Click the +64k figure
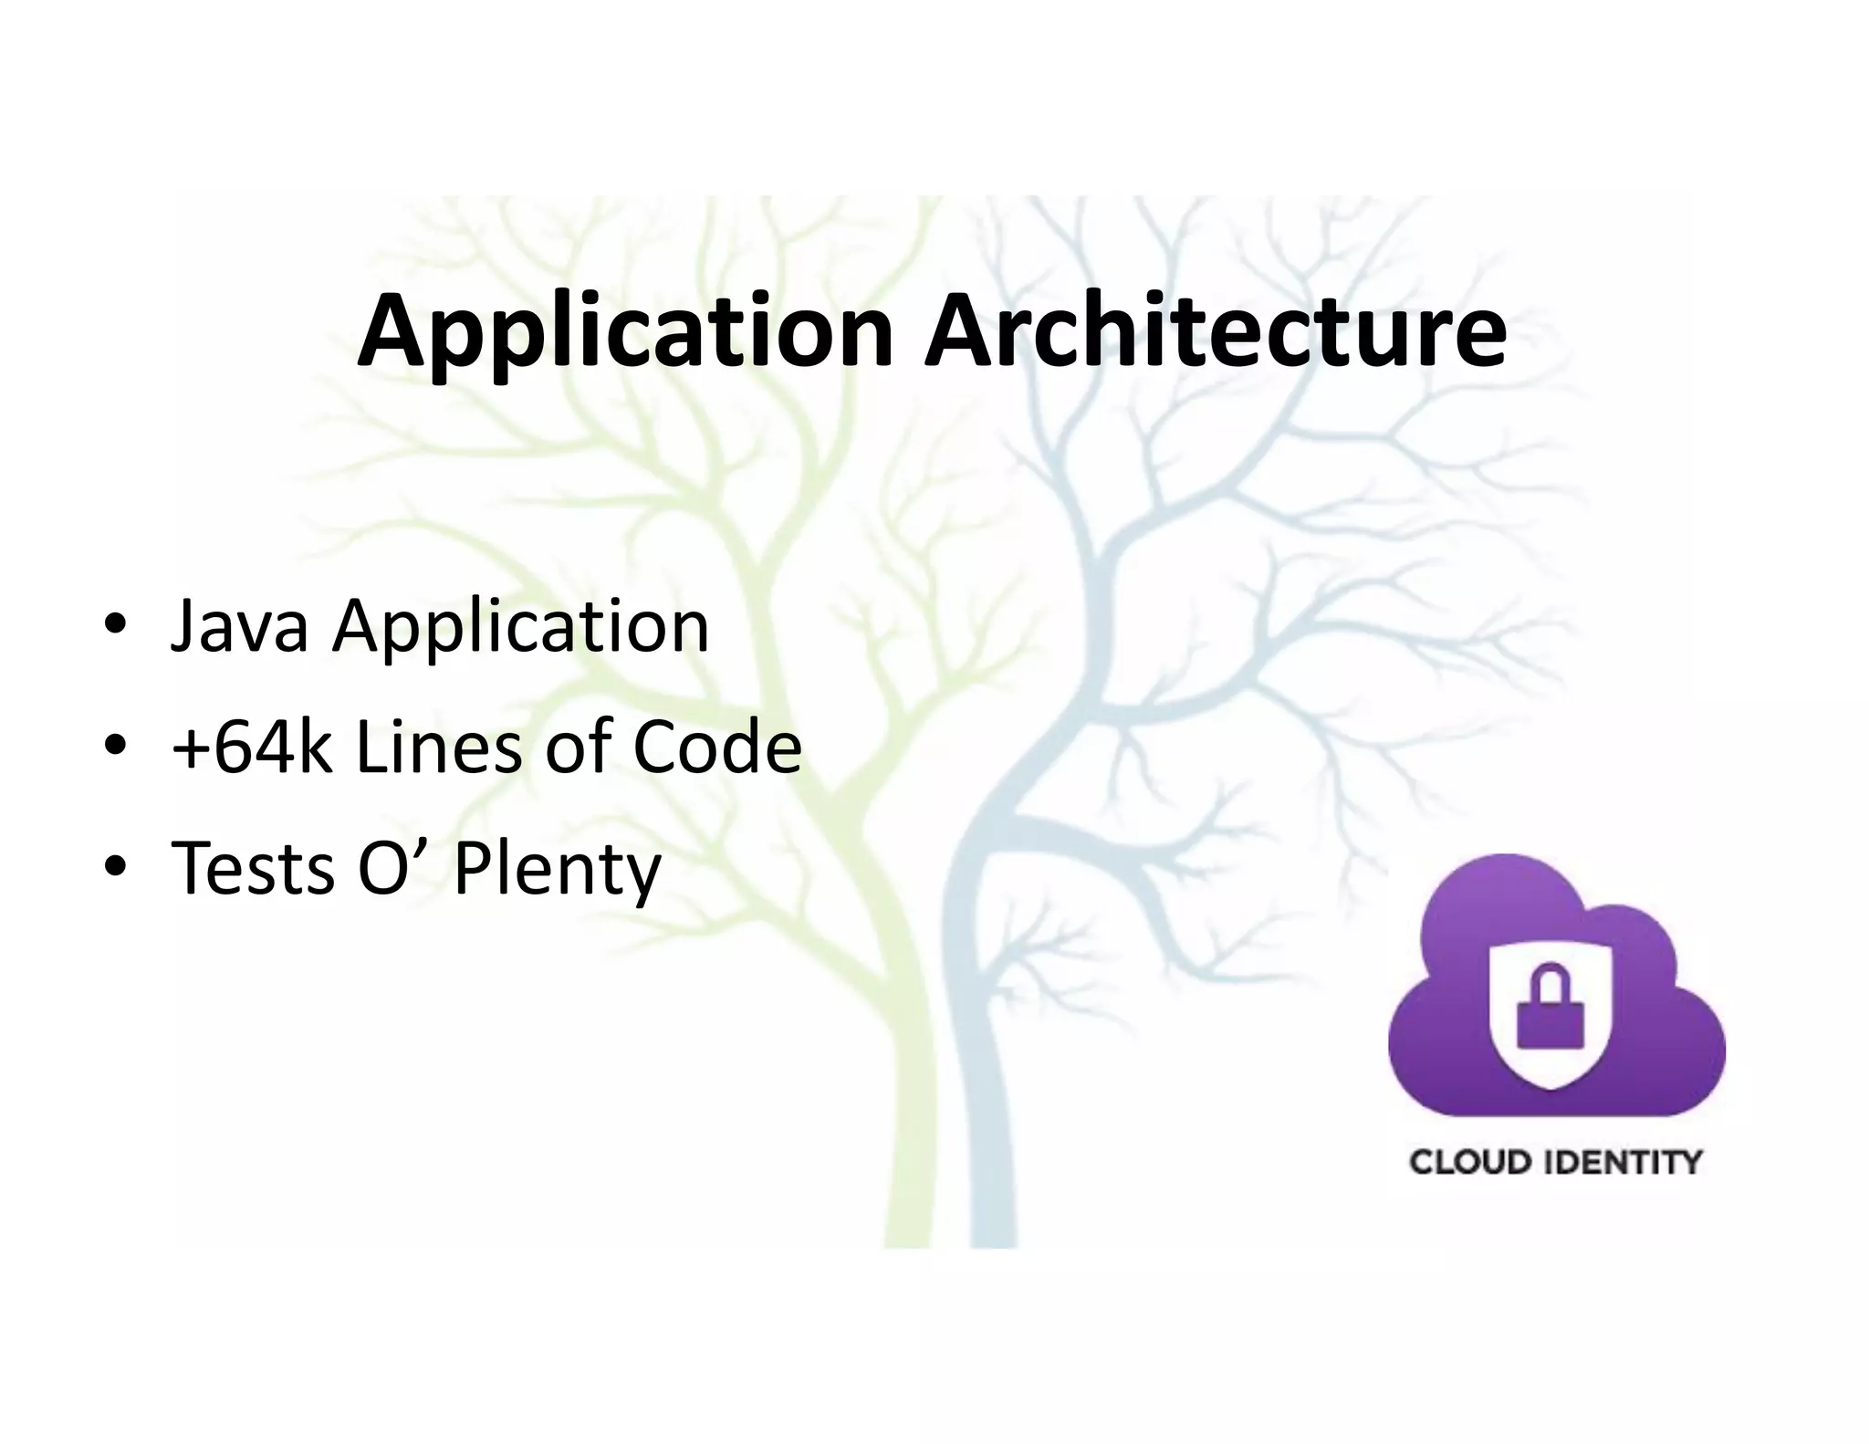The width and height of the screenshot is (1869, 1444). [x=252, y=747]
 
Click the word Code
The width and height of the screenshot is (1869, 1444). [x=716, y=747]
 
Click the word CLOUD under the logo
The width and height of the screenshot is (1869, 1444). [x=1469, y=1163]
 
